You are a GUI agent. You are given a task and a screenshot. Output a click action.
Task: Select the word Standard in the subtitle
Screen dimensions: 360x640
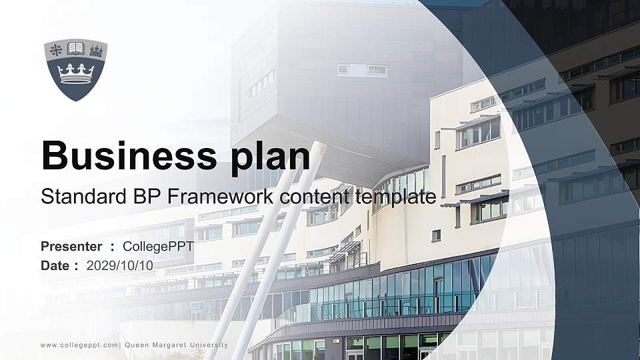[x=79, y=197]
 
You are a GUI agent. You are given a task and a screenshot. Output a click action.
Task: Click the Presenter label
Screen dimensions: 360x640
[x=71, y=247]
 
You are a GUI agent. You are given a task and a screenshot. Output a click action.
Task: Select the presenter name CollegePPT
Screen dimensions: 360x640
[x=158, y=247]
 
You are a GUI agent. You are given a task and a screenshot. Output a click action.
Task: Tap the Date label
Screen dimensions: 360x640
[x=55, y=265]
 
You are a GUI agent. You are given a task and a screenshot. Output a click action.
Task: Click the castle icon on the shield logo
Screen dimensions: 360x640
[x=95, y=49]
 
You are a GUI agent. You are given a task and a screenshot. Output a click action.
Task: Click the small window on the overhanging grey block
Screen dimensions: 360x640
[x=362, y=69]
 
